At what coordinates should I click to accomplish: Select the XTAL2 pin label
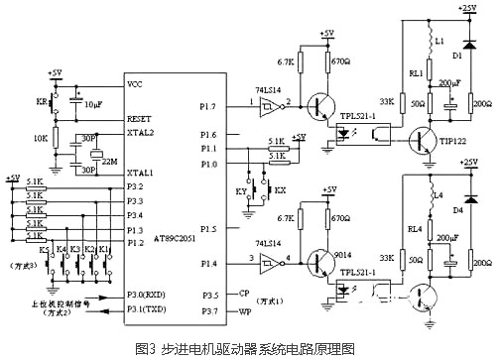[143, 132]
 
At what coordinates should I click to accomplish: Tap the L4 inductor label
[436, 199]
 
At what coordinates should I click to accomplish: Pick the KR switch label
[41, 102]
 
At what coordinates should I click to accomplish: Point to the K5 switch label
[44, 251]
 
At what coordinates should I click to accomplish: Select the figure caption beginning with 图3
[250, 348]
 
